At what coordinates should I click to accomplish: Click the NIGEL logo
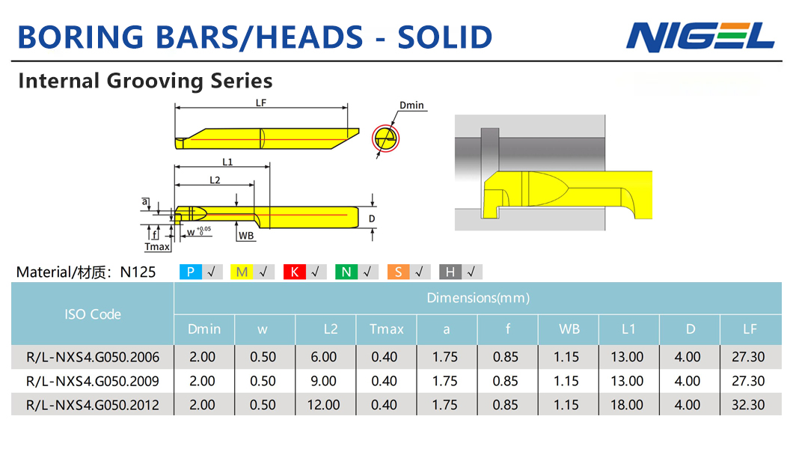(700, 37)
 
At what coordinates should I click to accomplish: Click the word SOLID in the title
(445, 37)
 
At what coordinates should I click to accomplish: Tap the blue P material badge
(191, 272)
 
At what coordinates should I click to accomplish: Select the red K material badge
(294, 272)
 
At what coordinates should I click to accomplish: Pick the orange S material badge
(398, 272)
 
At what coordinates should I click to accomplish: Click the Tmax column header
(386, 329)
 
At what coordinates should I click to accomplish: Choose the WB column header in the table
(569, 329)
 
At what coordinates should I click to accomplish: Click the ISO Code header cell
(93, 314)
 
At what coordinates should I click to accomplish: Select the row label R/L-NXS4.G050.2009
(93, 381)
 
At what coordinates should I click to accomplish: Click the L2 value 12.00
(324, 405)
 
